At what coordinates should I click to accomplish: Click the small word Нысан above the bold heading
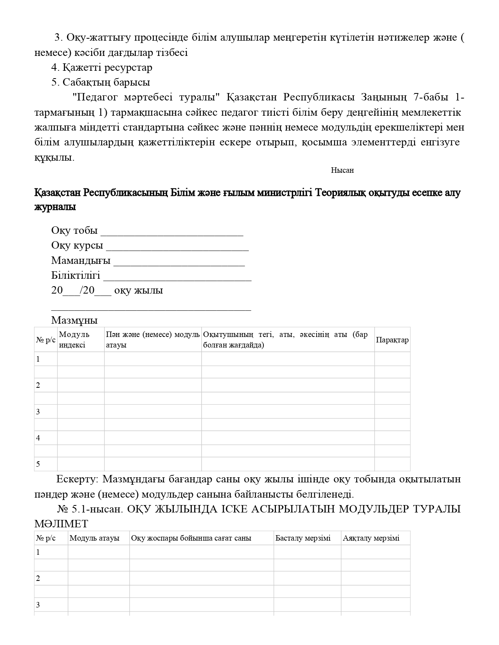coord(342,170)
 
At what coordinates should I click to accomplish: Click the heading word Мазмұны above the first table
coord(74,321)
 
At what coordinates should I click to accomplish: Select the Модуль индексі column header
coord(74,339)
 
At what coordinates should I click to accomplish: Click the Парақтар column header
coord(392,340)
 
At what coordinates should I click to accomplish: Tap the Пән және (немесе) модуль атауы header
coord(153,339)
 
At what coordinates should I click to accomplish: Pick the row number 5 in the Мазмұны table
coord(38,464)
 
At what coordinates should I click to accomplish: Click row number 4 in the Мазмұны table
coord(38,438)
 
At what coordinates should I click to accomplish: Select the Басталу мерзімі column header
coord(303,538)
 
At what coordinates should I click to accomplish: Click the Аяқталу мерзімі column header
coord(371,538)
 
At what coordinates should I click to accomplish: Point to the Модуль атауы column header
coord(94,538)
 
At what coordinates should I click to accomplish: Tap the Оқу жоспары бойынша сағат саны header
coord(191,538)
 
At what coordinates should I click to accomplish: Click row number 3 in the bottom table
coord(38,605)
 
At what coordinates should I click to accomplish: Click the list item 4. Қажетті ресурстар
coord(102,68)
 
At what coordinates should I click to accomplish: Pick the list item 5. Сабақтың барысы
coord(101,82)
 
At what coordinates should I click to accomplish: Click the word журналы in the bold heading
coord(55,207)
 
